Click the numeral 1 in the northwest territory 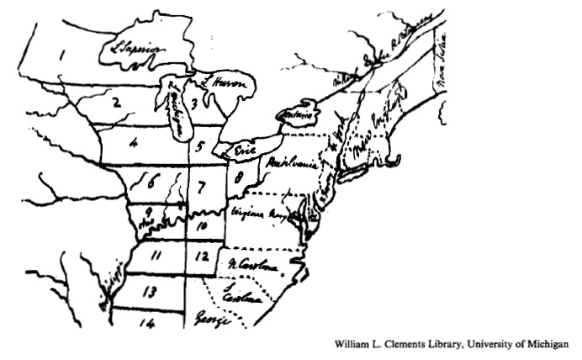point(61,57)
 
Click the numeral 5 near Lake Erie point(199,148)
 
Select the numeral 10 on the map point(201,225)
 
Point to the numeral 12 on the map point(199,255)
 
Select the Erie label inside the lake point(245,148)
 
